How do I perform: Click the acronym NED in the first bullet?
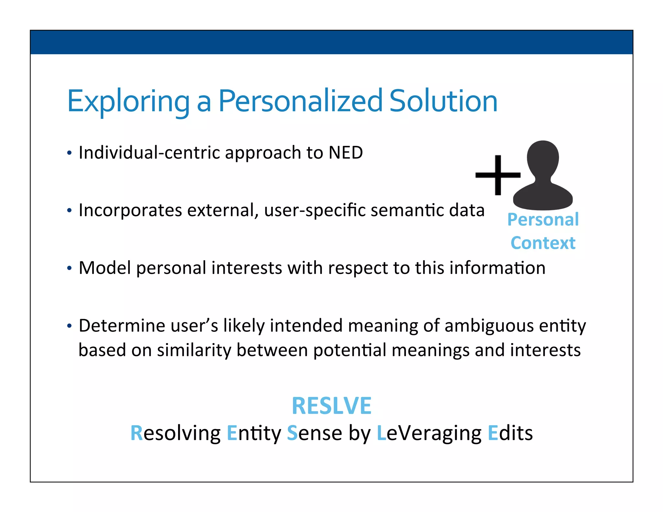point(345,152)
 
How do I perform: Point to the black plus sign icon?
point(498,175)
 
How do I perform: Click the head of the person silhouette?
point(543,159)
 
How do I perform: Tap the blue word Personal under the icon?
point(543,219)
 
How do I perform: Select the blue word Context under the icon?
point(543,243)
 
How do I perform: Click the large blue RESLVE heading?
point(331,406)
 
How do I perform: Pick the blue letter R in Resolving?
point(136,433)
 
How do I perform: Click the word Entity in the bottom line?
point(254,433)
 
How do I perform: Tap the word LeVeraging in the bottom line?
point(429,433)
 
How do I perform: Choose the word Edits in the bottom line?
point(510,433)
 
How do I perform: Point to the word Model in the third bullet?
point(105,268)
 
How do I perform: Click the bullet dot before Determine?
point(69,326)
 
